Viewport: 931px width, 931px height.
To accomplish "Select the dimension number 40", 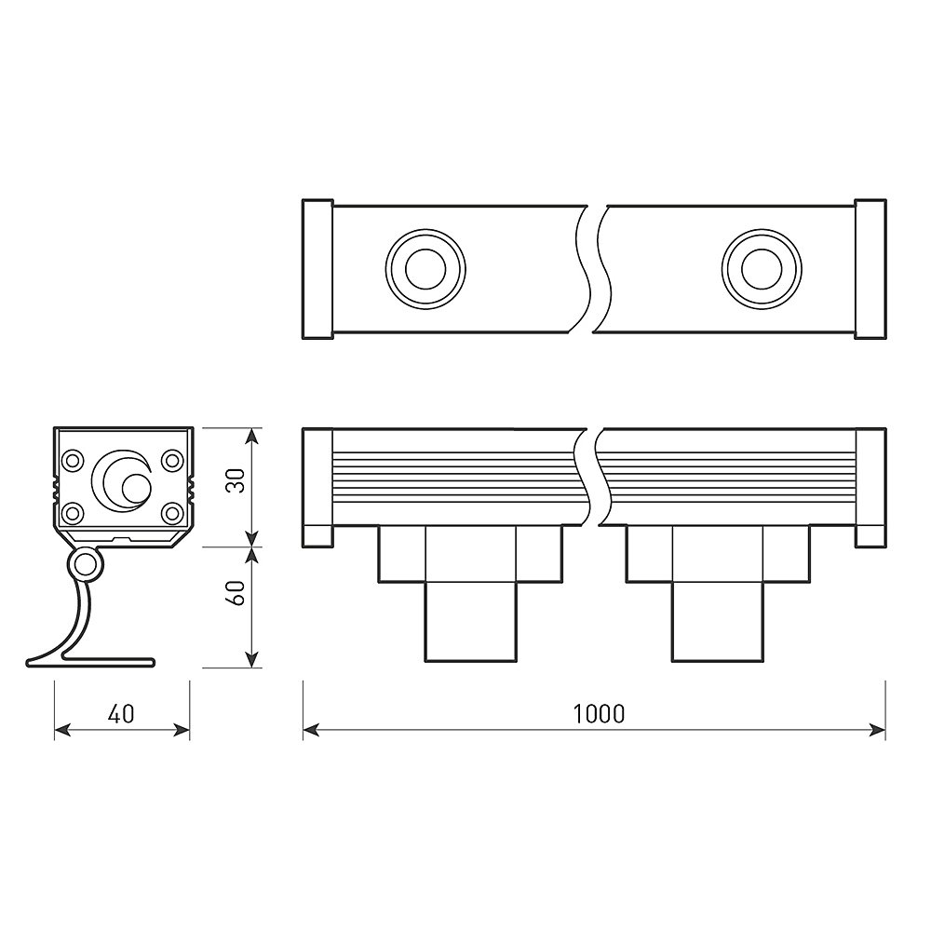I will point(121,714).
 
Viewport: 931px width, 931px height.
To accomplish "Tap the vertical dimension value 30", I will point(236,482).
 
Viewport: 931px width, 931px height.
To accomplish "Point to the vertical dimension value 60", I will point(236,593).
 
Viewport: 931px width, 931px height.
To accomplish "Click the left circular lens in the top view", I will point(425,270).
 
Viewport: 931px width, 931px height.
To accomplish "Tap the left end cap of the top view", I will point(317,269).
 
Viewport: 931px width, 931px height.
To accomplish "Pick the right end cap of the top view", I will point(870,269).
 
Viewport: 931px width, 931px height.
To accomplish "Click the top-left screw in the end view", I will point(72,460).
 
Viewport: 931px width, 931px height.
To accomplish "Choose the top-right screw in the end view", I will point(172,460).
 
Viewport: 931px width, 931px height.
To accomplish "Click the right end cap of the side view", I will point(870,489).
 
